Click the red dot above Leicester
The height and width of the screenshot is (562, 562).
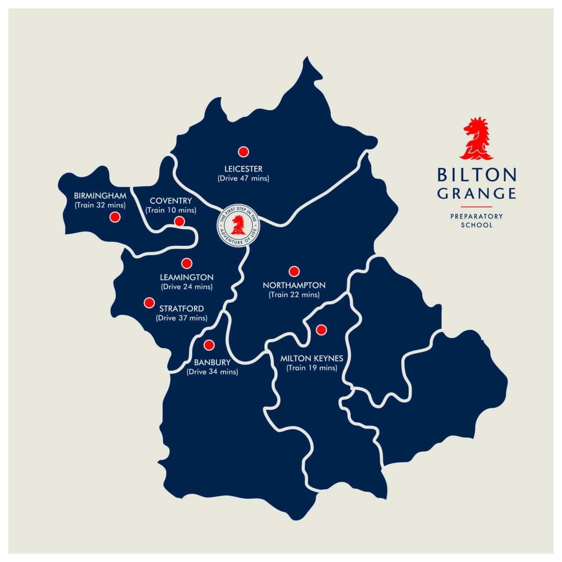pos(243,151)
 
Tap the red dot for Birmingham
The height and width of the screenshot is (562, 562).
pos(115,217)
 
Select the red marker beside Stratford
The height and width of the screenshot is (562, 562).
pos(149,303)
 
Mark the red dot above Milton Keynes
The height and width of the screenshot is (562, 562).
pos(321,329)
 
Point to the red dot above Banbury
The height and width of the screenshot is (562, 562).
pos(209,345)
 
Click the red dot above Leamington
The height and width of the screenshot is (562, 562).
pos(187,263)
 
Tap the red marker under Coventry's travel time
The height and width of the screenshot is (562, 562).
pos(179,221)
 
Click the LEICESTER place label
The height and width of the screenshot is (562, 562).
pos(243,169)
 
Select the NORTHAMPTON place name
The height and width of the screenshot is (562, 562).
pos(294,285)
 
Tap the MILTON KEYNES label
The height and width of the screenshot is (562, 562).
pos(312,359)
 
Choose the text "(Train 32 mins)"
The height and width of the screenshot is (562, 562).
pos(100,205)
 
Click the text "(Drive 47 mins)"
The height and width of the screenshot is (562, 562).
pos(243,179)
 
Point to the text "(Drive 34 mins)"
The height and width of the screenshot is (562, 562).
pos(213,372)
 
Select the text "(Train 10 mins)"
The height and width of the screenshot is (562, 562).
pos(171,210)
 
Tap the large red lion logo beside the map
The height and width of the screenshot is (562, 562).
pos(477,139)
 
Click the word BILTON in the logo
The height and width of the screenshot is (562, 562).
pos(477,175)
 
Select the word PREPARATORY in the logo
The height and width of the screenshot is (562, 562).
pos(477,216)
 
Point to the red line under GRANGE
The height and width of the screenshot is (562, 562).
pos(477,206)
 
